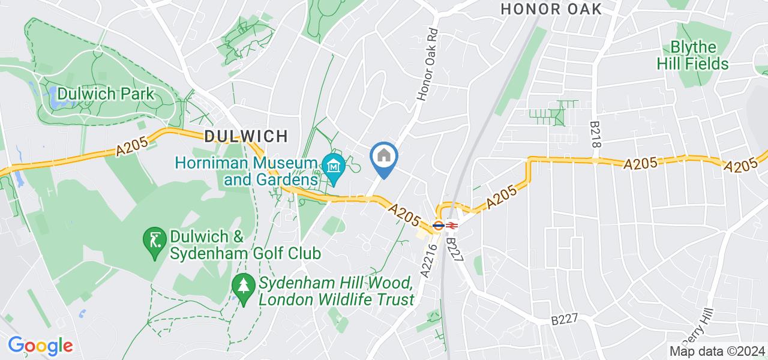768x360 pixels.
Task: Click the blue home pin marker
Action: pyautogui.click(x=384, y=158)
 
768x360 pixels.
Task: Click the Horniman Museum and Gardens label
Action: pyautogui.click(x=254, y=171)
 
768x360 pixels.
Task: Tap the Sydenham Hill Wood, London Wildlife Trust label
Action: pyautogui.click(x=336, y=291)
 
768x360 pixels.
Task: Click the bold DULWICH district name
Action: pyautogui.click(x=246, y=136)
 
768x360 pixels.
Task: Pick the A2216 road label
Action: pyautogui.click(x=427, y=263)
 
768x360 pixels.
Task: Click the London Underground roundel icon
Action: pyautogui.click(x=438, y=226)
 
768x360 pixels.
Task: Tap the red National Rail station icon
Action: pyautogui.click(x=452, y=226)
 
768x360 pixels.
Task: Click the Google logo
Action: pyautogui.click(x=40, y=346)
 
